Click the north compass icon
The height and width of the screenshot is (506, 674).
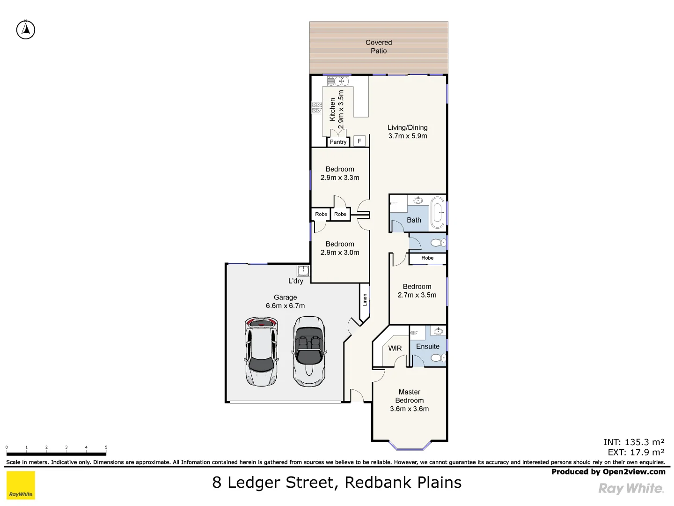[x=26, y=30]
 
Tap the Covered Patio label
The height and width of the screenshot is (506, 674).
[x=379, y=46]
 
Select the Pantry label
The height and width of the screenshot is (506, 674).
[x=338, y=142]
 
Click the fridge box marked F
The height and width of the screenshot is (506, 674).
[x=359, y=141]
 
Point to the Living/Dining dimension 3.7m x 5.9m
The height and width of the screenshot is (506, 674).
[x=407, y=136]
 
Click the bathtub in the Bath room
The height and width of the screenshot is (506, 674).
[x=437, y=213]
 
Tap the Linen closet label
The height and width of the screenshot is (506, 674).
[x=365, y=300]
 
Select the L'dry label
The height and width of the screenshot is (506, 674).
[x=296, y=281]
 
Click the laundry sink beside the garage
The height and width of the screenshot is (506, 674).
[x=303, y=270]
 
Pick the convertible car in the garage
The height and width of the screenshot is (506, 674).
[x=308, y=351]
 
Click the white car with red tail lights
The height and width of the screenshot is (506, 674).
[x=261, y=351]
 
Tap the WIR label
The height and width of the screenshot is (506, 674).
[x=395, y=348]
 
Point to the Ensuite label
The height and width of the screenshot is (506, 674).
[x=428, y=346]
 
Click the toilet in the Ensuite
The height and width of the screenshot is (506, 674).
[x=437, y=358]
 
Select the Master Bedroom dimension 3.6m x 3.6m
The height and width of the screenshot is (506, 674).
[x=409, y=409]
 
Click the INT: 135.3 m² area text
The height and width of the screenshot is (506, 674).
[x=634, y=442]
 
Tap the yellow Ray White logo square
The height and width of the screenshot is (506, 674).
[x=21, y=485]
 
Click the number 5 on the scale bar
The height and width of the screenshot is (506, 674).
[x=106, y=447]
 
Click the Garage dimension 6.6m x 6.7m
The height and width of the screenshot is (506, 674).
[x=285, y=305]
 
